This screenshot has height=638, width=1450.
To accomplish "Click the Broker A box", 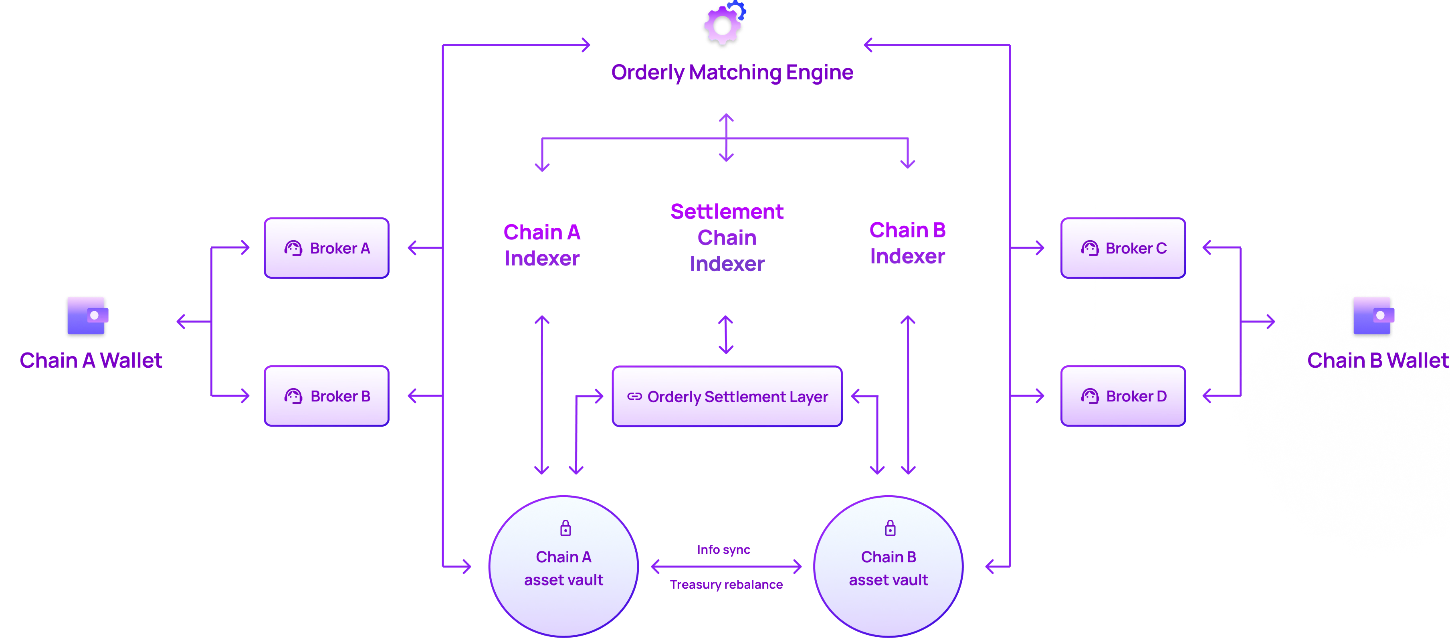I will (x=327, y=248).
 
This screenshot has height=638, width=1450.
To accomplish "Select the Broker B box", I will (x=327, y=397).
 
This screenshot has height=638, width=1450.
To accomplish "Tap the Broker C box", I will (x=1123, y=248).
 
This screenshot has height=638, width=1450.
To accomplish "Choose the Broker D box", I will (x=1123, y=397).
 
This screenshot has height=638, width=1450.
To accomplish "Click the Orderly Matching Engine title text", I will (x=732, y=72).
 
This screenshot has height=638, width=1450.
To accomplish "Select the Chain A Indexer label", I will (x=542, y=245).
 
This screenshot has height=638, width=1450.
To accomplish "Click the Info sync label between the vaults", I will (x=723, y=550).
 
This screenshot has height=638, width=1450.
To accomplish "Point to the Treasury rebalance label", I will (x=727, y=585).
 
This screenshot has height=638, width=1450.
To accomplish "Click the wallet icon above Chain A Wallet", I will (x=85, y=316).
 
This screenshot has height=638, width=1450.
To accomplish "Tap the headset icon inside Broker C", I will (x=1090, y=248).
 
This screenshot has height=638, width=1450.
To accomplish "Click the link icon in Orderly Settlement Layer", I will (x=634, y=397).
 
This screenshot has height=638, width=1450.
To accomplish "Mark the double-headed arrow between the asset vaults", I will (x=727, y=567).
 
